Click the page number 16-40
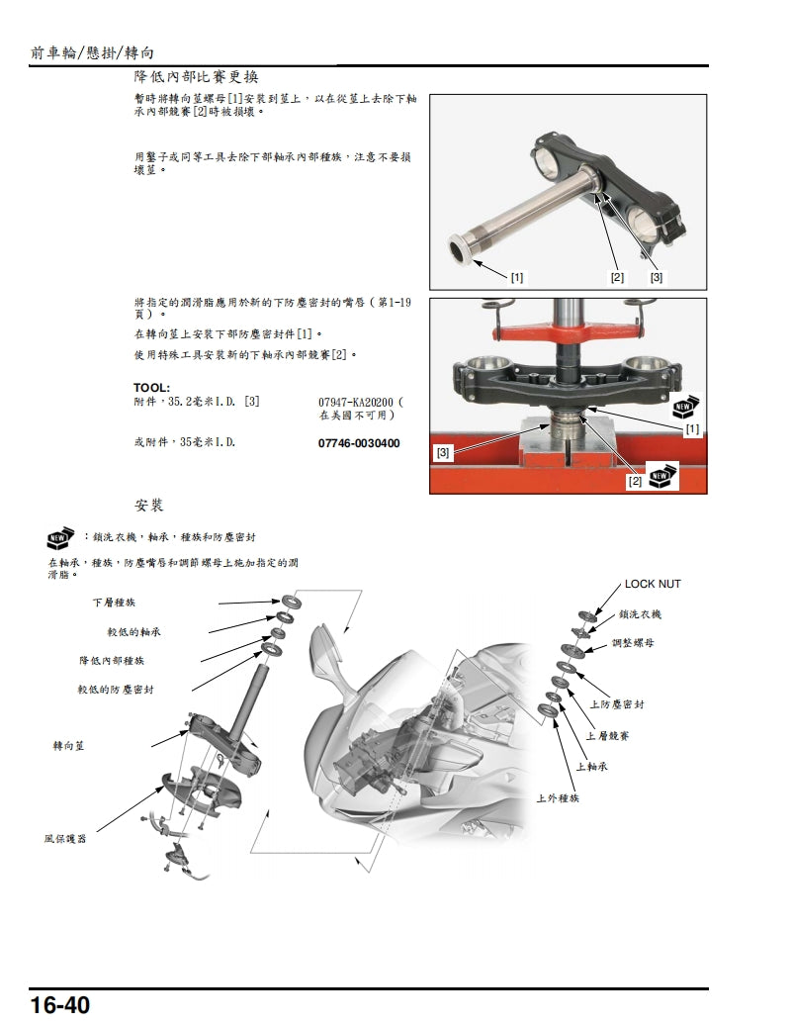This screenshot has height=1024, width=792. tap(60, 1005)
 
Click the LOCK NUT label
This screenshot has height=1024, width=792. tap(653, 584)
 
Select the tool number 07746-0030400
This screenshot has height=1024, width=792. tap(359, 443)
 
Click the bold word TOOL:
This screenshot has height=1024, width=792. tap(152, 387)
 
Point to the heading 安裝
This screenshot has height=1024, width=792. tap(149, 506)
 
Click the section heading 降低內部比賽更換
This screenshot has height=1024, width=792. tap(197, 76)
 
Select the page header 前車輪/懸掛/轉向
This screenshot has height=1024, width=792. tap(93, 51)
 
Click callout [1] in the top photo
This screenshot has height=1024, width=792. tap(517, 277)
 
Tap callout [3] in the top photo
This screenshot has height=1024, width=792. tap(656, 277)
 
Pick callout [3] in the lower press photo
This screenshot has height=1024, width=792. tap(444, 452)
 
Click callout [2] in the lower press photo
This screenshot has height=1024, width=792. tap(634, 481)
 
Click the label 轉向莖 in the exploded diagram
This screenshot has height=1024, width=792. tap(68, 745)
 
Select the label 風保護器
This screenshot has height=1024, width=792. tap(65, 838)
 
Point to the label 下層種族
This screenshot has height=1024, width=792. tap(115, 602)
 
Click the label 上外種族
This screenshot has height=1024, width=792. tap(558, 797)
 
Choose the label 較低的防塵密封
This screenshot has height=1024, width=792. tap(123, 690)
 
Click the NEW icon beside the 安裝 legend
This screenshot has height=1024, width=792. tap(61, 538)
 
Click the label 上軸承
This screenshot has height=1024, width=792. tap(591, 766)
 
